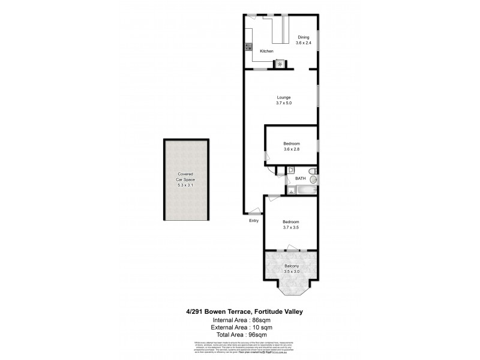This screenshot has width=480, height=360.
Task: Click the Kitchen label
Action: click(x=266, y=52)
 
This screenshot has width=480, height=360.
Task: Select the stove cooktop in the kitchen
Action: click(x=247, y=47)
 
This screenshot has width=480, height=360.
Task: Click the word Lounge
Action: click(x=284, y=97)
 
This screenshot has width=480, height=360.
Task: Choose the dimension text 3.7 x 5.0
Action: click(x=284, y=103)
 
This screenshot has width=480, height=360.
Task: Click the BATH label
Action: click(x=301, y=178)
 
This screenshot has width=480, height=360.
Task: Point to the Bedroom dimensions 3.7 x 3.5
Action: click(x=291, y=227)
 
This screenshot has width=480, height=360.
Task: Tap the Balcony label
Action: click(x=292, y=265)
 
